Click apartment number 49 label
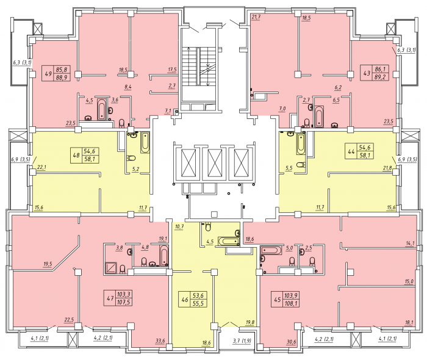coord(48,73)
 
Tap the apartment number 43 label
coord(367,73)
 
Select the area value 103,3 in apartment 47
coord(123,294)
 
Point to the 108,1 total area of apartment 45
coord(290,303)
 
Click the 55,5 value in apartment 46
coord(198,303)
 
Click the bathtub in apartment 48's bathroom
coord(145,142)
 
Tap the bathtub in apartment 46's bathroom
coord(229,241)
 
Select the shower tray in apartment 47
coord(111,268)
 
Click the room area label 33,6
coord(160,340)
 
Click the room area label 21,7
coord(256,17)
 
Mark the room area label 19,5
coord(48,264)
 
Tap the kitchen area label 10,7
coord(179,226)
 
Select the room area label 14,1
coord(409,243)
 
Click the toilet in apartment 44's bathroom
coord(301,165)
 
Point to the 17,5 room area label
coord(172,70)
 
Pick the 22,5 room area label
coord(69,320)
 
